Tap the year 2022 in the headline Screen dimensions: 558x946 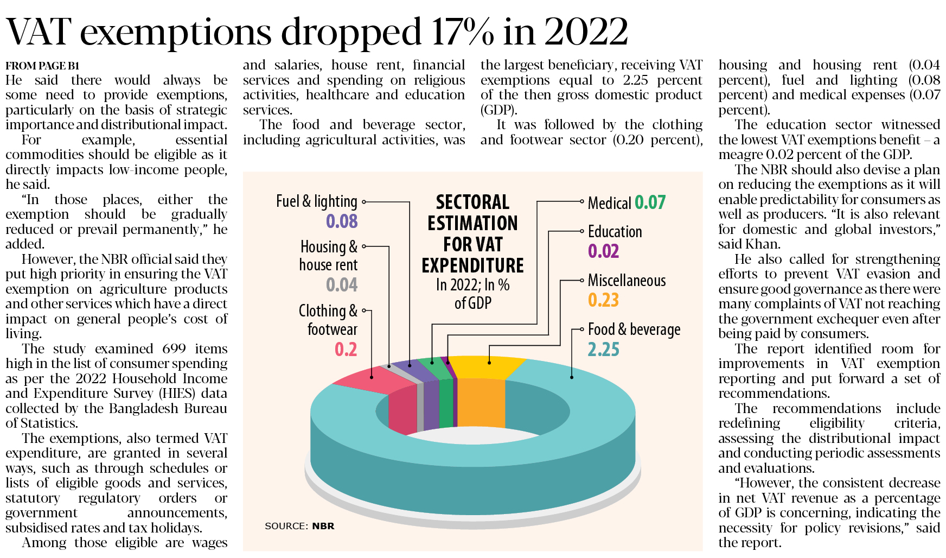click(x=586, y=31)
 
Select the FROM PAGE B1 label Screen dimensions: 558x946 click(x=42, y=66)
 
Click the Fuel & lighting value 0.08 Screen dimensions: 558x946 click(x=342, y=221)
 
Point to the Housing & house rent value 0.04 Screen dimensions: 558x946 click(x=342, y=285)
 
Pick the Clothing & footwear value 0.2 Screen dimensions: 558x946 click(x=346, y=350)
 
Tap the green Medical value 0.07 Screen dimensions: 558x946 click(x=650, y=202)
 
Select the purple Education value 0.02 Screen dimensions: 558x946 click(x=603, y=251)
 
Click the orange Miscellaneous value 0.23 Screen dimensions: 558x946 click(x=603, y=300)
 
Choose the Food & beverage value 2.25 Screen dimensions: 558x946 click(x=603, y=350)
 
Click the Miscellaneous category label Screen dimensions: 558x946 click(x=627, y=281)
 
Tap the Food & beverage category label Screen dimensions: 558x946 click(x=634, y=329)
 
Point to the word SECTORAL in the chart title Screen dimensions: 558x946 click(x=472, y=202)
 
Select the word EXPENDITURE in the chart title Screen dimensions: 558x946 click(x=472, y=265)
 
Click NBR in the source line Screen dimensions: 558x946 click(x=323, y=526)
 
